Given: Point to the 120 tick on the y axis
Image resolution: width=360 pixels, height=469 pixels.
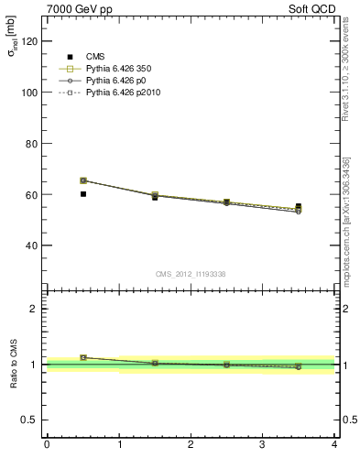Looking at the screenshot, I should click(x=29, y=41).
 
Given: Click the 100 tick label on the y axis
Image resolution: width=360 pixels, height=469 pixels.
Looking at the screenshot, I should click(x=29, y=93).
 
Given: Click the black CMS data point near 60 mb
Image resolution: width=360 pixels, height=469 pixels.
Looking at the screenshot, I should click(x=83, y=194).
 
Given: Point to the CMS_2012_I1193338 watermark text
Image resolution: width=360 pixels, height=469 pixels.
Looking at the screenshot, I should click(x=190, y=273).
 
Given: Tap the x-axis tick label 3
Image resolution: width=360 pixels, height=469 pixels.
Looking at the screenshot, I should click(x=262, y=444).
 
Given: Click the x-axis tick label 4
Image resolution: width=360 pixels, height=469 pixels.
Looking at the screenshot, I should click(x=334, y=444).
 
